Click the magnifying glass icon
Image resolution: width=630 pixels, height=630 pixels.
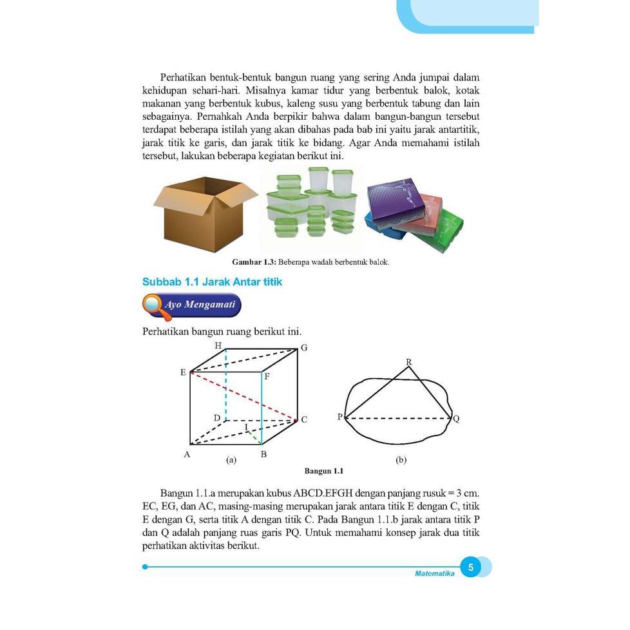[154, 306]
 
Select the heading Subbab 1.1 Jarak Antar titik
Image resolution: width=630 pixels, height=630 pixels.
[212, 282]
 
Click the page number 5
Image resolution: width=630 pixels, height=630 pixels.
[471, 568]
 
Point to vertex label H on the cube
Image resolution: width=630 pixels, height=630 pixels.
[218, 346]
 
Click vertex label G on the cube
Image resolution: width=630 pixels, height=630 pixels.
[304, 348]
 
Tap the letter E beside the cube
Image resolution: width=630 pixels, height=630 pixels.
[183, 373]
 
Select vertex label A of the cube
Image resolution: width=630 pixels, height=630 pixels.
[187, 454]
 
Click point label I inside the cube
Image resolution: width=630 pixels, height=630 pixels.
[246, 427]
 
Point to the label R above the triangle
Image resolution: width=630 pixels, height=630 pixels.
[408, 362]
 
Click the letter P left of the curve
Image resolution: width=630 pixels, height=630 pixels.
[339, 417]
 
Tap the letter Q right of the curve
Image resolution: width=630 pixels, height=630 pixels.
[456, 419]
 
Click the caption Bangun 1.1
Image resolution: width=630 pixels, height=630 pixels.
[323, 471]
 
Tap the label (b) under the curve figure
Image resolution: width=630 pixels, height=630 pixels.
[401, 460]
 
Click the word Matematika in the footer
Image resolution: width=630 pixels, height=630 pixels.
[435, 573]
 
